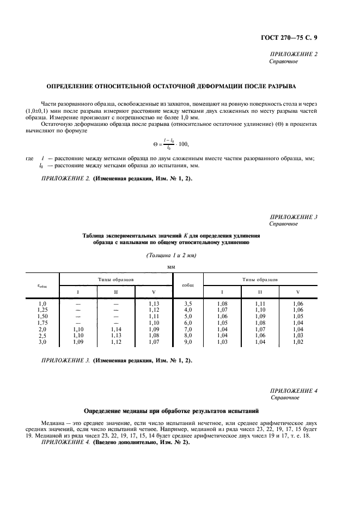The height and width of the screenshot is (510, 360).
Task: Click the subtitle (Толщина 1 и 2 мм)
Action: [171, 255]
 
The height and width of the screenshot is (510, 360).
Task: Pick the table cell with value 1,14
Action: [116, 329]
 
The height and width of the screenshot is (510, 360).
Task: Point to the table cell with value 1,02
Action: [297, 342]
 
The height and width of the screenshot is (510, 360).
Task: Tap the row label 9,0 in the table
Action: [188, 342]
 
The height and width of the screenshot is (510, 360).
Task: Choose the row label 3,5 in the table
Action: [188, 303]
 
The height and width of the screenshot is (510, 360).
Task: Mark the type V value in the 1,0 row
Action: [154, 303]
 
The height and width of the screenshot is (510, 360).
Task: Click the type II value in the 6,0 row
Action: [259, 323]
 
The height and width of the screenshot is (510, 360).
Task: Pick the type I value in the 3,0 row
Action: [78, 342]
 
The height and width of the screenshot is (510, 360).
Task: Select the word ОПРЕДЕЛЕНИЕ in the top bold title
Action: [72, 86]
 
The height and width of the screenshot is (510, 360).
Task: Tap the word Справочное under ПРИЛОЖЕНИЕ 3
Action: [283, 223]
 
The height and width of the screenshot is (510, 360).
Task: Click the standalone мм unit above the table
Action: [171, 267]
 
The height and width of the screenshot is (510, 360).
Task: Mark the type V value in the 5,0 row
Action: [297, 316]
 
